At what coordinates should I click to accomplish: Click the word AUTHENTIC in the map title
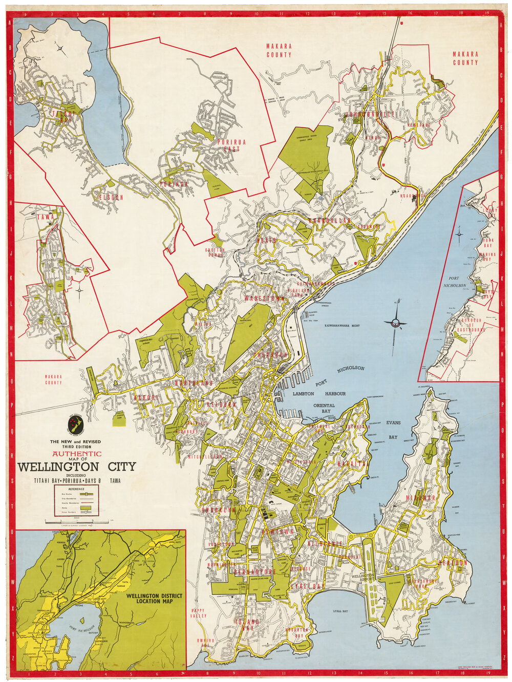click(x=76, y=453)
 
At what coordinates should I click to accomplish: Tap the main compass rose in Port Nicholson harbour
click(x=395, y=322)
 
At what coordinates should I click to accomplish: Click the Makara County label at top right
click(x=465, y=58)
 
